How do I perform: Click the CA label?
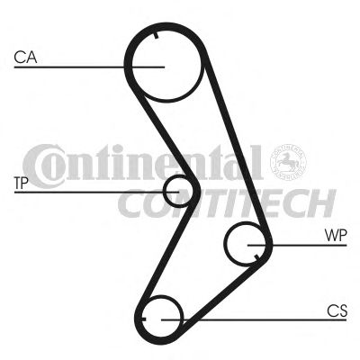tap(25, 58)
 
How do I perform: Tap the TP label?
tap(22, 184)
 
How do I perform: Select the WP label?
tap(336, 236)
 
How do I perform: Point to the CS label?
tap(337, 310)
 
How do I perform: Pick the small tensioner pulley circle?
tap(164, 192)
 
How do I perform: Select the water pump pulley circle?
tap(226, 245)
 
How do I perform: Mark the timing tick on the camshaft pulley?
tap(156, 35)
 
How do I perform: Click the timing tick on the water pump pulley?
tap(256, 256)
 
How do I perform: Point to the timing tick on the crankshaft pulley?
tap(143, 319)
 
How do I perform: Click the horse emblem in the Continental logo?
tap(288, 162)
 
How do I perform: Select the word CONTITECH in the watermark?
tap(227, 203)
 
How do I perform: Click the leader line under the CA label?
tap(89, 67)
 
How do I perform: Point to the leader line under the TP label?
tap(96, 192)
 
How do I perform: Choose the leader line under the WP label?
tap(297, 245)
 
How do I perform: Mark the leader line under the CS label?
tap(254, 319)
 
